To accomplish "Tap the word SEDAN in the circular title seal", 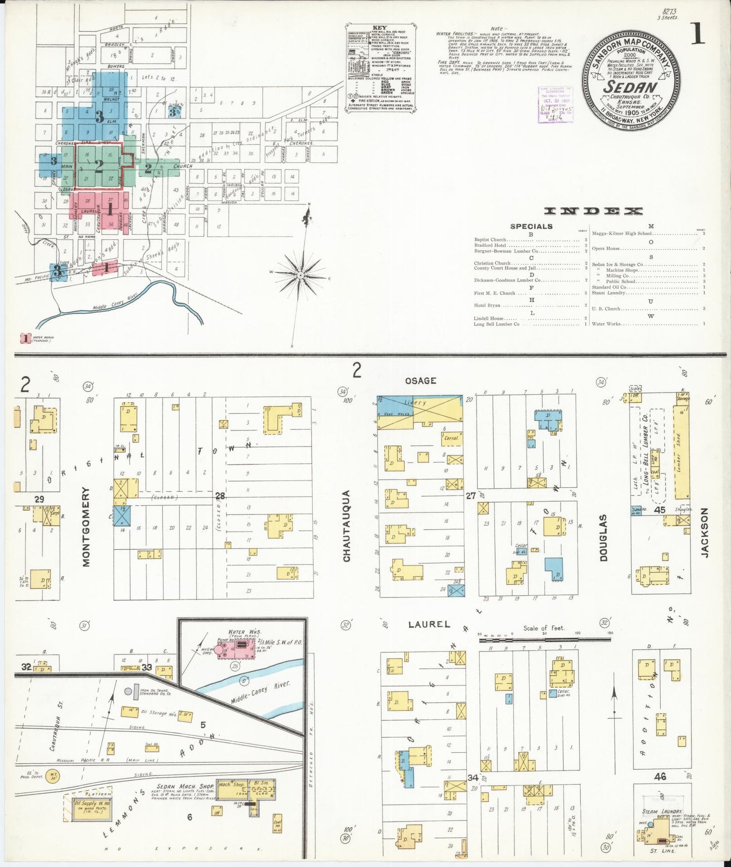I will tap(630, 86).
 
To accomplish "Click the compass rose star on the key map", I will tap(300, 275).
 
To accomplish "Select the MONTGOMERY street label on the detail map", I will tap(86, 526).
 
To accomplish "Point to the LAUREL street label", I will tap(429, 624).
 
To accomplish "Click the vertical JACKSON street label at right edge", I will tap(705, 532).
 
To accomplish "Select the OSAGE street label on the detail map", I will tap(420, 380).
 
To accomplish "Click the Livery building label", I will tap(415, 403).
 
